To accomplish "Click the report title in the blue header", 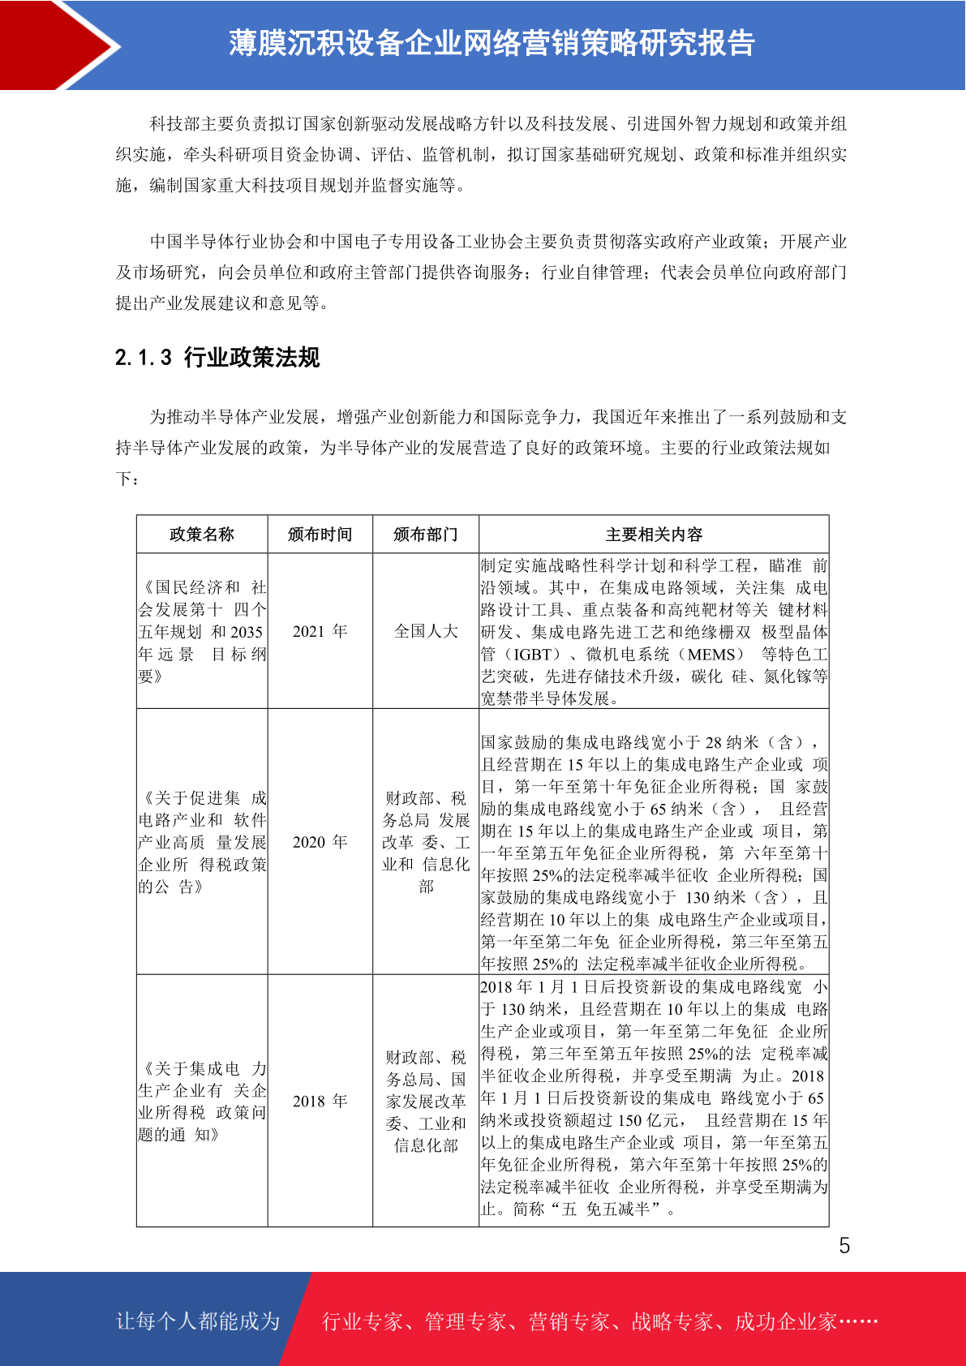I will pyautogui.click(x=492, y=43).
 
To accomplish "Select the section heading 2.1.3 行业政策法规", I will pyautogui.click(x=217, y=357).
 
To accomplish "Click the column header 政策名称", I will pyautogui.click(x=201, y=535).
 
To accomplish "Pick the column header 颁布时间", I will pyautogui.click(x=320, y=535).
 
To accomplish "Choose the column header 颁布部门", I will pyautogui.click(x=425, y=535).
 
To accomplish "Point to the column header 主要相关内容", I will pyautogui.click(x=654, y=535).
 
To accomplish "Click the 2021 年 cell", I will pyautogui.click(x=320, y=631).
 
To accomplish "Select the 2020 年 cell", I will pyautogui.click(x=320, y=842).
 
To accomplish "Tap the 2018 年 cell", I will pyautogui.click(x=320, y=1101).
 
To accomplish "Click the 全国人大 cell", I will pyautogui.click(x=425, y=631).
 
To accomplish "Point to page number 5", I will pyautogui.click(x=844, y=1246).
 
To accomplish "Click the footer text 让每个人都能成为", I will pyautogui.click(x=197, y=1321).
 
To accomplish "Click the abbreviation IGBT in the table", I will pyautogui.click(x=536, y=655).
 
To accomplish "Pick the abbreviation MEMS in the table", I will pyautogui.click(x=714, y=655).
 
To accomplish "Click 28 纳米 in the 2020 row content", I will pyautogui.click(x=735, y=742).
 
